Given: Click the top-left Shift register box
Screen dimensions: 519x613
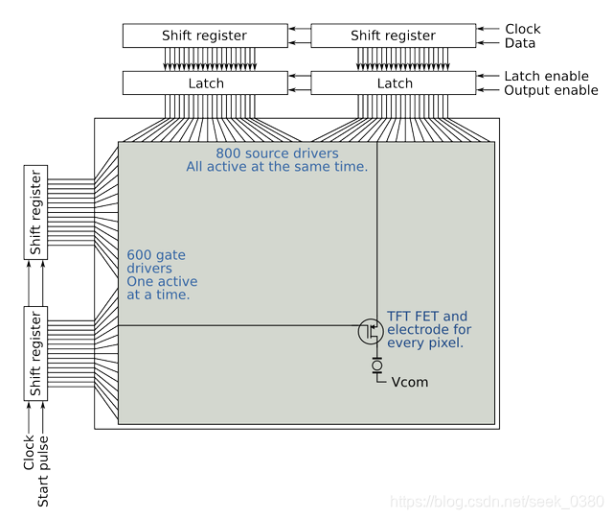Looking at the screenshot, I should tap(204, 35).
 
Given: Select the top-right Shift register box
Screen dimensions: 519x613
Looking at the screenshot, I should tap(394, 35).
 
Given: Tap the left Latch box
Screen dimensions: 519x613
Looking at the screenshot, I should tap(204, 83).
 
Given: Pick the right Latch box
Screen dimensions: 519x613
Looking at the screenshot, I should tap(394, 83).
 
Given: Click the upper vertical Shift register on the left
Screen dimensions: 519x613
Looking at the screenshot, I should tap(35, 212).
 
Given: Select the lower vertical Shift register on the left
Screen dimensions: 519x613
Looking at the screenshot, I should tap(35, 353).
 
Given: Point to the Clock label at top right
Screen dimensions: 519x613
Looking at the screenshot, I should tap(522, 29).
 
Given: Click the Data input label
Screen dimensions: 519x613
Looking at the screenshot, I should tap(519, 43).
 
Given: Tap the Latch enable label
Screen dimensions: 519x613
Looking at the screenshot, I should tap(546, 76).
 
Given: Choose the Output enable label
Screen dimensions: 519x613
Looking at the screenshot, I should tap(550, 90).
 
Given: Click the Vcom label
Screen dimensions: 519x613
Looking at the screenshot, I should tap(410, 382).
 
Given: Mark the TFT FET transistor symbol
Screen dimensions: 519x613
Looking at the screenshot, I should tap(371, 332).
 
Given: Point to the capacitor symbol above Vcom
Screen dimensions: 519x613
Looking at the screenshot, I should tap(377, 366).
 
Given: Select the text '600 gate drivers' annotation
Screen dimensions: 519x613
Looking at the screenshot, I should tap(162, 275).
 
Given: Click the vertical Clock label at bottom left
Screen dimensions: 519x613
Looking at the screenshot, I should tap(29, 453).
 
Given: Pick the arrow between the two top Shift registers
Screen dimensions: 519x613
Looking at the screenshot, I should tap(300, 35).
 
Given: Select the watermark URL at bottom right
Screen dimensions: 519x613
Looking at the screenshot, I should tap(499, 502).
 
